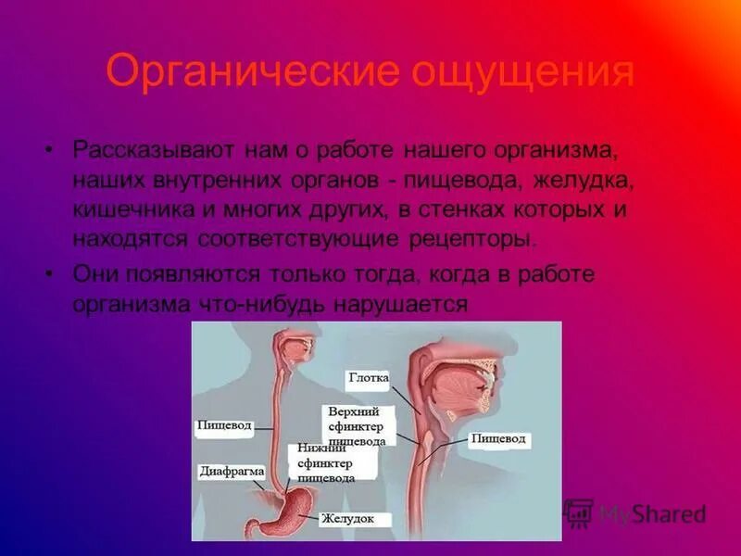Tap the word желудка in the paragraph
[x=582, y=179]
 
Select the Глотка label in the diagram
[x=370, y=378]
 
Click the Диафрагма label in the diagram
[x=232, y=471]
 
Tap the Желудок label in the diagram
[x=348, y=519]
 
